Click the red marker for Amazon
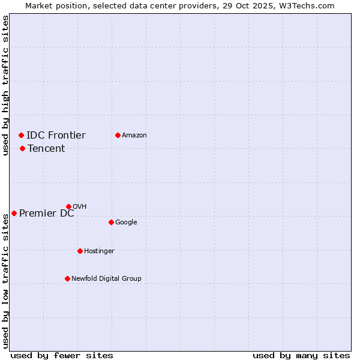pos(118,135)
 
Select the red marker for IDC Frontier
pos(21,135)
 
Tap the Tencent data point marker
pos(22,148)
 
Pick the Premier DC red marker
pos(14,213)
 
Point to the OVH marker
pos(68,206)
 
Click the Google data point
pos(111,222)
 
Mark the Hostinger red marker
pos(80,251)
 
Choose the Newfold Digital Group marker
pos(67,278)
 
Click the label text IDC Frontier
pos(56,135)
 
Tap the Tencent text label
pos(46,148)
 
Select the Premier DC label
pos(47,213)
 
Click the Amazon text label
pos(134,135)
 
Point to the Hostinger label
pos(99,251)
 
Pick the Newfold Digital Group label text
pos(106,278)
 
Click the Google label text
pos(126,222)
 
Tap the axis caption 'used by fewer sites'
pos(62,355)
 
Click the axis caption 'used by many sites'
pos(301,355)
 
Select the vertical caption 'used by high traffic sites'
pos(5,85)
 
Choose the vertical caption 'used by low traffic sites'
pos(5,281)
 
